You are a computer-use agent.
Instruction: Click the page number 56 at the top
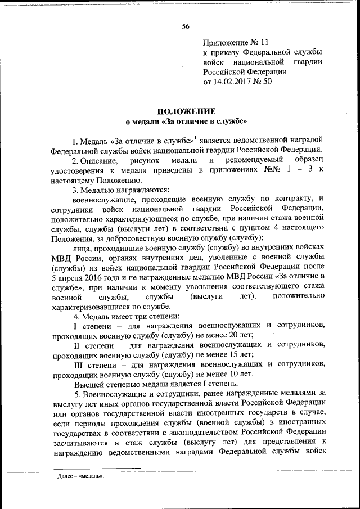pyautogui.click(x=186, y=26)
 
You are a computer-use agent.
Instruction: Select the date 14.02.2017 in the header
pyautogui.click(x=233, y=82)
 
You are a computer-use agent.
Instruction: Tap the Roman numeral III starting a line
pyautogui.click(x=79, y=364)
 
